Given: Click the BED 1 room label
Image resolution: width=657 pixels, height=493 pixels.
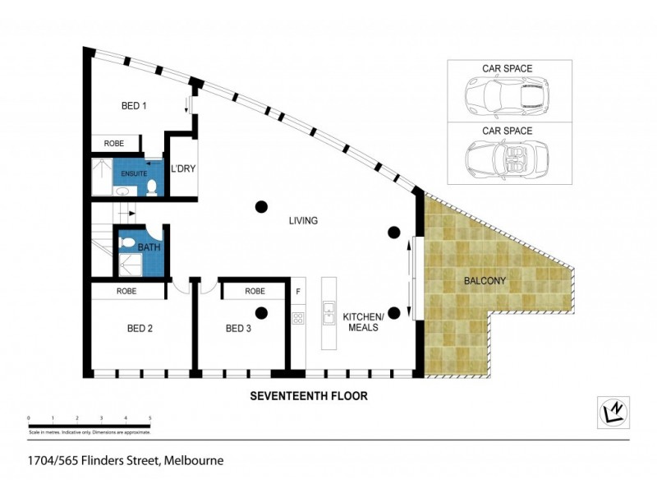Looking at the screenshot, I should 134,105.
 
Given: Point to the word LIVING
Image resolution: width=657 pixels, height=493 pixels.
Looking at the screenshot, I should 302,221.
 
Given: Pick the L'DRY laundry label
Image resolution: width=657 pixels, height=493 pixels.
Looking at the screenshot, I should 182,170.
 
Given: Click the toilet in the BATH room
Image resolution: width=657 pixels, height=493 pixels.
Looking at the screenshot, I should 127,243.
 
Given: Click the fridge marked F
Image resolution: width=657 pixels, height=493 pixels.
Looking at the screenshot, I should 298,291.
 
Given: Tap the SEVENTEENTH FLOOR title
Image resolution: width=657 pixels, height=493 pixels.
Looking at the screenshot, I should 308,395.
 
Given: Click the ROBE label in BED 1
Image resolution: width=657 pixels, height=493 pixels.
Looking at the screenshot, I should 114,144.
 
